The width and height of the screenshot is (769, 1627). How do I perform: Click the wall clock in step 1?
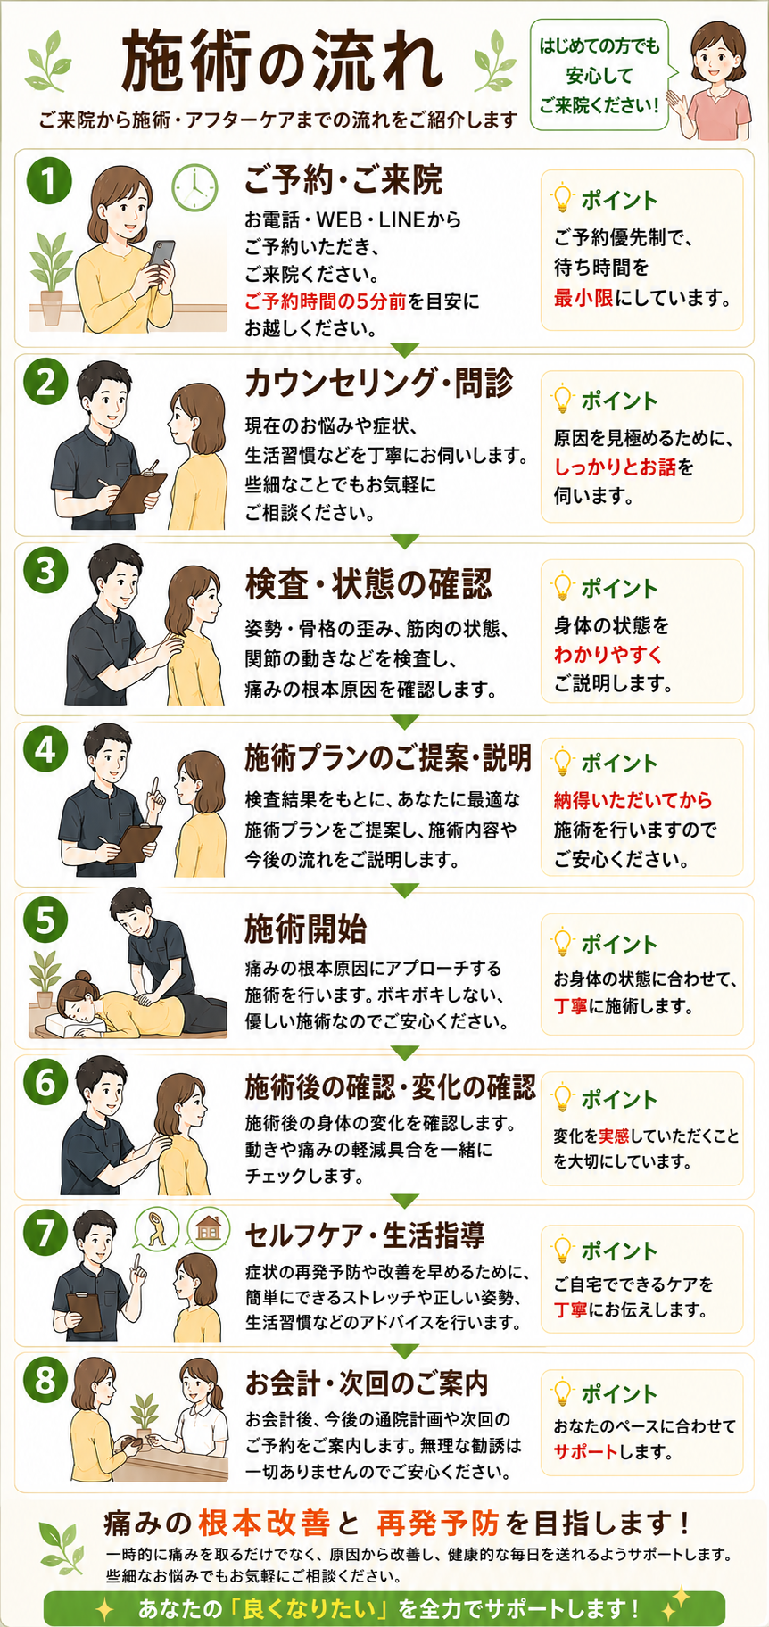click(x=194, y=187)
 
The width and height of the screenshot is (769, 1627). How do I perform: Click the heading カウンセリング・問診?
click(x=379, y=382)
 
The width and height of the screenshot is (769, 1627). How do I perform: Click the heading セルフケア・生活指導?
click(x=365, y=1235)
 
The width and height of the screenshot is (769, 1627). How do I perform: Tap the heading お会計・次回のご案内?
click(x=367, y=1383)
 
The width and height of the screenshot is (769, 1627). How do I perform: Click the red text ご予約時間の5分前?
click(x=326, y=301)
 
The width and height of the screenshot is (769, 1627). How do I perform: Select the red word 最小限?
click(x=583, y=297)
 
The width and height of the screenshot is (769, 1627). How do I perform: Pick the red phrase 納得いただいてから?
click(x=633, y=800)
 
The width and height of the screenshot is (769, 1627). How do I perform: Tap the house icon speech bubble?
click(x=208, y=1229)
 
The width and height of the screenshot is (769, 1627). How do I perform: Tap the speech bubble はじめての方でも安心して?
click(x=599, y=75)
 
